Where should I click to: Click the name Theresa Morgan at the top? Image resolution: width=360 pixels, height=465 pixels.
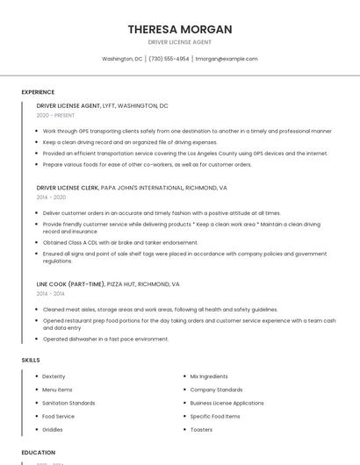(179, 29)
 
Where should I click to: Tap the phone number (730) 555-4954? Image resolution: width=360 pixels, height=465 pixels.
(169, 59)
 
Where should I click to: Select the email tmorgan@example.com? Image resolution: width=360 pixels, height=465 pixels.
(227, 59)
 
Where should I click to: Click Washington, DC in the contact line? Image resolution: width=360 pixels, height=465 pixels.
(122, 59)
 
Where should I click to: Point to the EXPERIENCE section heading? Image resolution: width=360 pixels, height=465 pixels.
(38, 92)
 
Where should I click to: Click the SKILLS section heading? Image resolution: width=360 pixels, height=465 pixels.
(31, 361)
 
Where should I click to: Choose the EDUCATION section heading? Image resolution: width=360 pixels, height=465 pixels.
(39, 453)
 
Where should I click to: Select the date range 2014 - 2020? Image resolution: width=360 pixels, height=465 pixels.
(51, 197)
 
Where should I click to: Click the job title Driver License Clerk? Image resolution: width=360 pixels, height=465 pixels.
(68, 188)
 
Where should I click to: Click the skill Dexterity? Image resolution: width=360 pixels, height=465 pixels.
(54, 376)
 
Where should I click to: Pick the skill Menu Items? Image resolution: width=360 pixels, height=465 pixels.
(57, 390)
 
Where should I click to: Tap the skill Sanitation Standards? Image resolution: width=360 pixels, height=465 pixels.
(68, 403)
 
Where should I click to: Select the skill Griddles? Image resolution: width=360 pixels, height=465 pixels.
(53, 430)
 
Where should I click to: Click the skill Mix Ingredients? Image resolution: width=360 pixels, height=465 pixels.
(208, 376)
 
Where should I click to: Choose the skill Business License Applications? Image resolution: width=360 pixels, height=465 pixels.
(227, 403)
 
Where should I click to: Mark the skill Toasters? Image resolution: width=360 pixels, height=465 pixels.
(201, 430)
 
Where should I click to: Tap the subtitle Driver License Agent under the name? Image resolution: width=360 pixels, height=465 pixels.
(179, 42)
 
